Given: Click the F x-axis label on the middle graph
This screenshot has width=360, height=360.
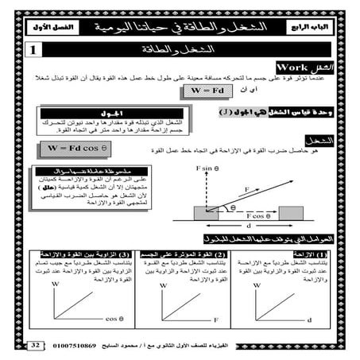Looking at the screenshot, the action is [x=215, y=318].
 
